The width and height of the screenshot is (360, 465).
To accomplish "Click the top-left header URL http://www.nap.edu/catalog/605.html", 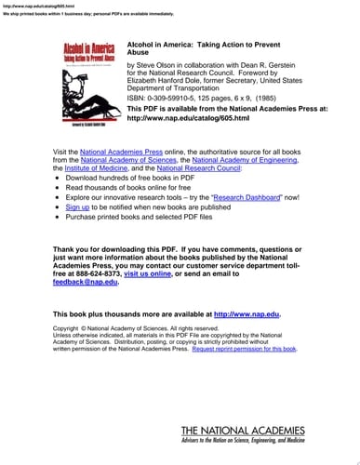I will pos(34,6).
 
